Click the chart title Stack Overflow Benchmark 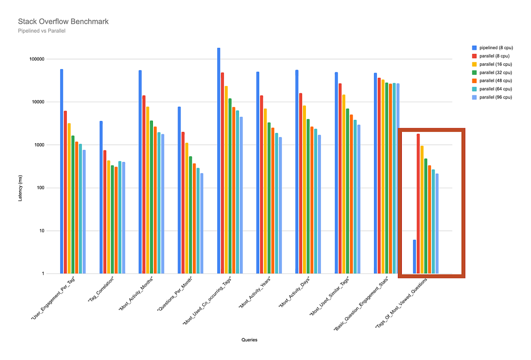(x=63, y=21)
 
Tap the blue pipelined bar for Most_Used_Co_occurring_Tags (x=219, y=161)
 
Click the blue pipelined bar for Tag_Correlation (x=101, y=197)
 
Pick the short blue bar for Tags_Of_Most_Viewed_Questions (x=414, y=256)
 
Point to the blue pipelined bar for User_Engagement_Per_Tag (x=62, y=171)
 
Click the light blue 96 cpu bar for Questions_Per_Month (x=202, y=223)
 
